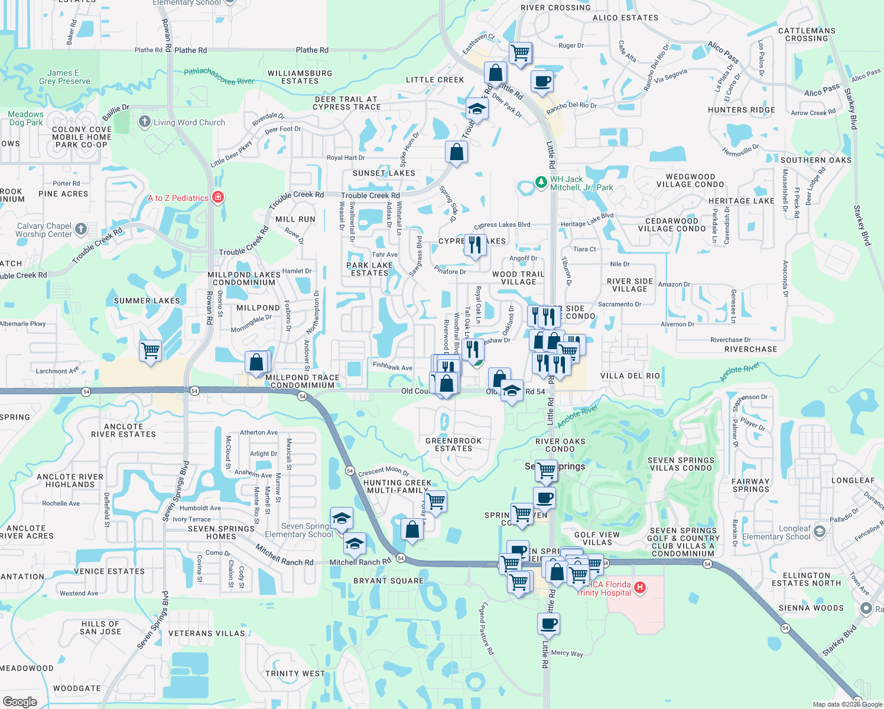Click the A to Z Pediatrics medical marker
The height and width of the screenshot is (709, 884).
point(218,197)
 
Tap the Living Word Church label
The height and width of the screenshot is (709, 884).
point(189,122)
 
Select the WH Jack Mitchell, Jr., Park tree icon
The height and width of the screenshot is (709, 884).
point(541,182)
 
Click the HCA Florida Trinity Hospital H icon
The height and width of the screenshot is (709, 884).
point(640,588)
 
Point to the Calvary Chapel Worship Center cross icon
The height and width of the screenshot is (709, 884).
point(81,229)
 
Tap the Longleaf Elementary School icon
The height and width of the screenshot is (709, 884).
point(819,532)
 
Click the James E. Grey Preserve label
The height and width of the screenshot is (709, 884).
point(64,77)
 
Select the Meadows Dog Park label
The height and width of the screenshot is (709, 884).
point(26,118)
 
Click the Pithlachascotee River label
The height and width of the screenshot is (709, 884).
point(219,76)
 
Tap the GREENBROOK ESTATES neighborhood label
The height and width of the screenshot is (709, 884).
point(454,444)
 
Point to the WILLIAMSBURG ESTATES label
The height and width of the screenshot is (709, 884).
point(300,77)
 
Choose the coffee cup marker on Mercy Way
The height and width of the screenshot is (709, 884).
point(548,623)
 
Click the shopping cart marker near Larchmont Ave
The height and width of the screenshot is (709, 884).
point(151,350)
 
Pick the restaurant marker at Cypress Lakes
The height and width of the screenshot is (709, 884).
point(475,245)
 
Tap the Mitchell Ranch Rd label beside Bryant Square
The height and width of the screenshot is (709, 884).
point(360,562)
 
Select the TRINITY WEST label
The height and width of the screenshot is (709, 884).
point(295,674)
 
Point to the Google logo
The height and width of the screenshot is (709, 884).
point(19,701)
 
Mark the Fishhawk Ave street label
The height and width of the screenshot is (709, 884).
point(392,366)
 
